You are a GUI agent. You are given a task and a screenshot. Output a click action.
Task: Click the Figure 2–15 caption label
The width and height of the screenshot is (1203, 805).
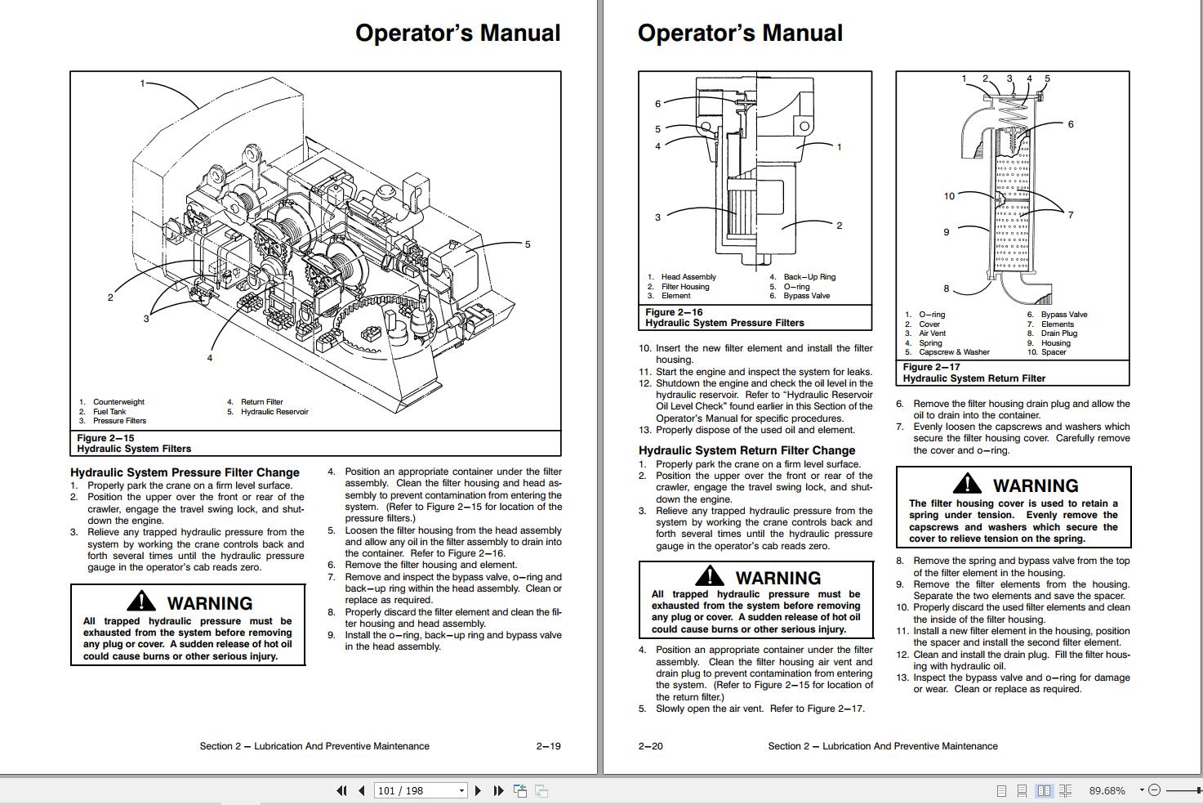pyautogui.click(x=105, y=438)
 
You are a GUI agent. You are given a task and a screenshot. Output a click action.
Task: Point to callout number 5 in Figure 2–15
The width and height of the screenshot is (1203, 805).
pyautogui.click(x=528, y=244)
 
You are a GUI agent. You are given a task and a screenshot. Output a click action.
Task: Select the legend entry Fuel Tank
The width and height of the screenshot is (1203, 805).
pyautogui.click(x=109, y=412)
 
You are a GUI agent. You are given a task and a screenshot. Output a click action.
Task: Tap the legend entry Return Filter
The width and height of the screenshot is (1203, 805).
pyautogui.click(x=261, y=402)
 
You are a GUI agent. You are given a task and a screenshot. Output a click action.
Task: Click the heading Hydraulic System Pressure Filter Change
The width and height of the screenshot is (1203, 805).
pyautogui.click(x=185, y=472)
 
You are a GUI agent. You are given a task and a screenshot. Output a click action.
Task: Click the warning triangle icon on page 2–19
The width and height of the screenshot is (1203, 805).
pyautogui.click(x=142, y=602)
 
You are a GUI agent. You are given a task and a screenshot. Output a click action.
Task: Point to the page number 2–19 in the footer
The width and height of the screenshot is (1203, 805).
pyautogui.click(x=548, y=746)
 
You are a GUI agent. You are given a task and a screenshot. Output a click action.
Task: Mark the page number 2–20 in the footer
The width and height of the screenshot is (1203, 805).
pyautogui.click(x=651, y=746)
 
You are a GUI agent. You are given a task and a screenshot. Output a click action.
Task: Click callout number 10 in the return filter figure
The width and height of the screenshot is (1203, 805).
pyautogui.click(x=949, y=196)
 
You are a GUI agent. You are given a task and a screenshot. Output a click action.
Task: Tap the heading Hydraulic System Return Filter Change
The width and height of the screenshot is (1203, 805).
pyautogui.click(x=746, y=450)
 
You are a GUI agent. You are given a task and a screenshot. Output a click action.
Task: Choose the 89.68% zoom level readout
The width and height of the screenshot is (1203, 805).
pyautogui.click(x=1107, y=790)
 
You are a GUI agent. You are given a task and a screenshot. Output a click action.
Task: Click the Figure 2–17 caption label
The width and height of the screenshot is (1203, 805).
pyautogui.click(x=931, y=367)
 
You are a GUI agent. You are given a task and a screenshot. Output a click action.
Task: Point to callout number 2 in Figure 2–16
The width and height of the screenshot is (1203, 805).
pyautogui.click(x=839, y=226)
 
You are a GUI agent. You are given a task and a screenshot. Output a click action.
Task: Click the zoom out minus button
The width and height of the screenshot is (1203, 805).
pyautogui.click(x=1154, y=790)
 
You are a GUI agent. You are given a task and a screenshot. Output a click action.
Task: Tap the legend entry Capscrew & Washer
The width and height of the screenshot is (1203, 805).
pyautogui.click(x=953, y=352)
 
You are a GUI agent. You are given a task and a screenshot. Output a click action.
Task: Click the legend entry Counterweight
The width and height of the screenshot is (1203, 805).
pyautogui.click(x=118, y=402)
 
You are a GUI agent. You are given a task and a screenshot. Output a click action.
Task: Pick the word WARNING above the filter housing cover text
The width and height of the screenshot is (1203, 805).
pyautogui.click(x=1035, y=485)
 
